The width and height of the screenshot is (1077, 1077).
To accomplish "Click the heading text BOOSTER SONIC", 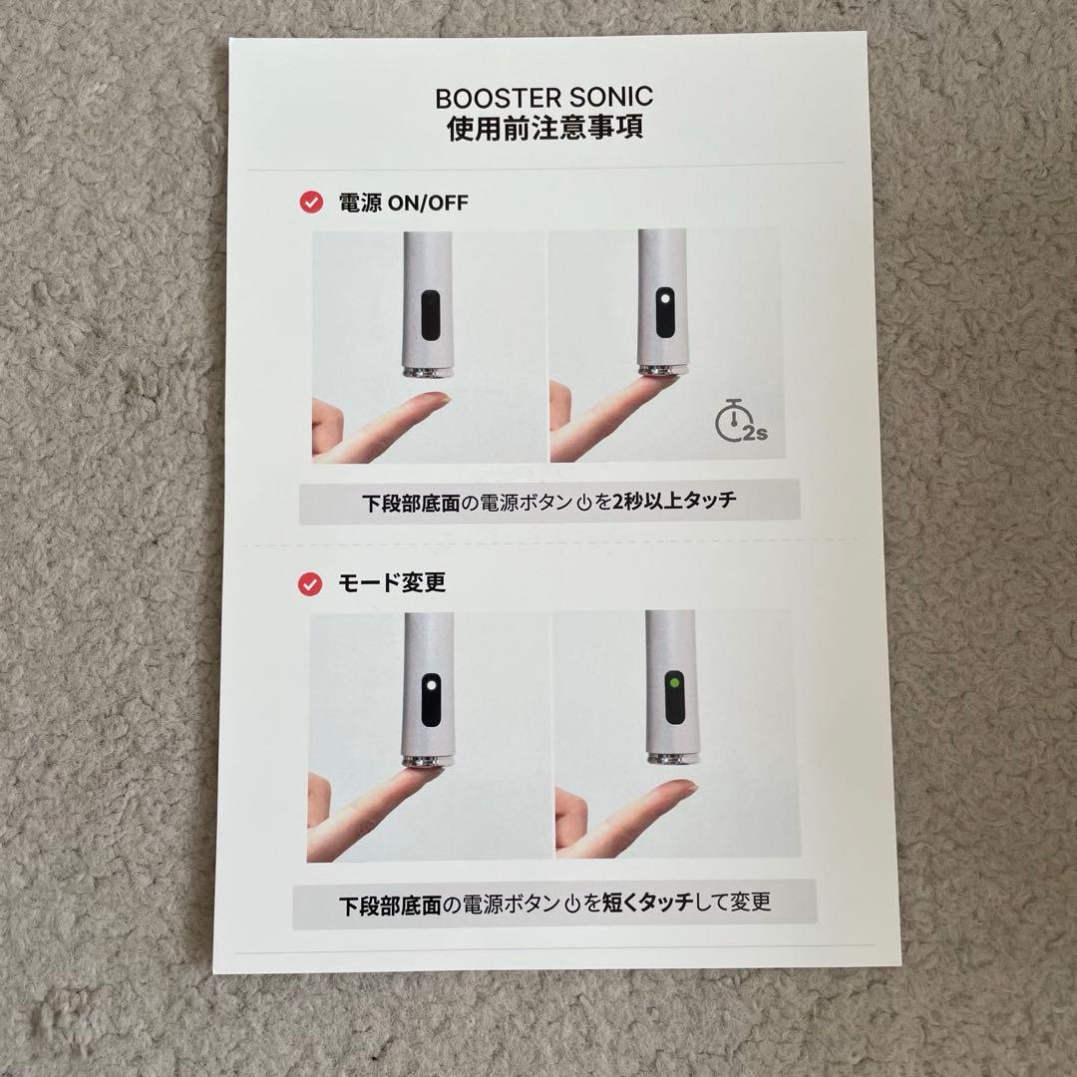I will click(x=543, y=99).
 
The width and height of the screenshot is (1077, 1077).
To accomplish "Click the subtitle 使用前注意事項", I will click(x=543, y=130).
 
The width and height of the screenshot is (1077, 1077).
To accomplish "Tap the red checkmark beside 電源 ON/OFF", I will click(x=310, y=202).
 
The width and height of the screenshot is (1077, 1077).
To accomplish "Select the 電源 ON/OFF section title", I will click(x=403, y=202).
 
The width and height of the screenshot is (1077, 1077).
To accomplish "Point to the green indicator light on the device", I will click(x=675, y=683).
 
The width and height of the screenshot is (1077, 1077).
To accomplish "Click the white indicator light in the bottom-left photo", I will click(x=429, y=687).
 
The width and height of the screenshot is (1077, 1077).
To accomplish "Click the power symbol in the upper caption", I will click(x=585, y=502).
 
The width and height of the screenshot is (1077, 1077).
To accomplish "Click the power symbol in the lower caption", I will click(x=572, y=904).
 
